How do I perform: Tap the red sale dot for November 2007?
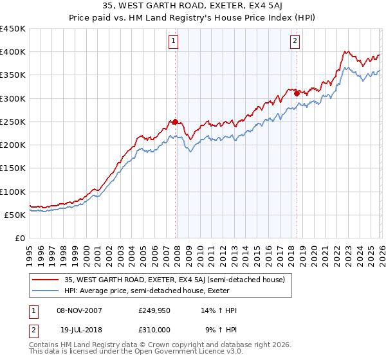tap(175, 122)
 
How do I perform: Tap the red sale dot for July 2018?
tap(297, 93)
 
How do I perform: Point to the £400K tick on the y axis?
tap(13, 52)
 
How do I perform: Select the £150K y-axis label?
tap(13, 168)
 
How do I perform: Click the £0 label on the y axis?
tap(19, 239)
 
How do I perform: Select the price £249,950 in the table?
tap(154, 310)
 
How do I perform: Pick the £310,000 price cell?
tap(154, 330)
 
